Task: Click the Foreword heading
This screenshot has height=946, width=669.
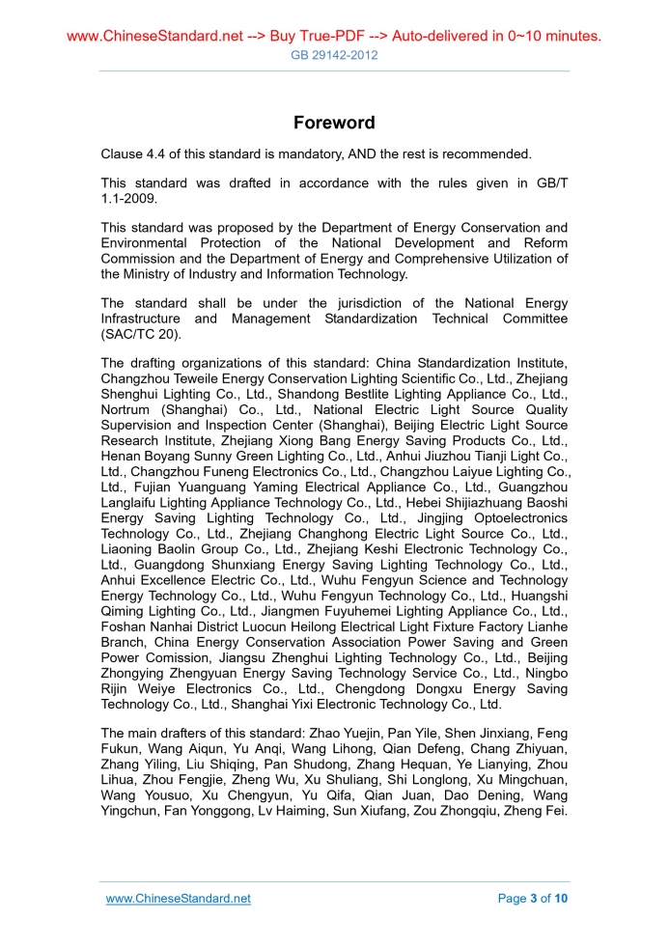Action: [x=334, y=123]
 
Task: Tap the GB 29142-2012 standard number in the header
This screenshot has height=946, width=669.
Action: [x=334, y=55]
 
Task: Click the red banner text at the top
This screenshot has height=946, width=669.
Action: [x=334, y=37]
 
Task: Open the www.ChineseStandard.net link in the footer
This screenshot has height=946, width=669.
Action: [x=178, y=899]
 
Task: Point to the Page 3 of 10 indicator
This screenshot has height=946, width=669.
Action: [x=533, y=899]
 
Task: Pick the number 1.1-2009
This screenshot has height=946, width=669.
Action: [x=128, y=200]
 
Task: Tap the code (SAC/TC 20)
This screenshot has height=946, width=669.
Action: [x=146, y=334]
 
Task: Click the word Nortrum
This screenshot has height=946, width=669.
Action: [x=127, y=409]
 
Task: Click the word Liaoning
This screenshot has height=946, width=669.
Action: [x=130, y=549]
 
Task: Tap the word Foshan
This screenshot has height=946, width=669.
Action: [x=125, y=626]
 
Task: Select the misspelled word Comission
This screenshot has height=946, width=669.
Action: [x=166, y=657]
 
